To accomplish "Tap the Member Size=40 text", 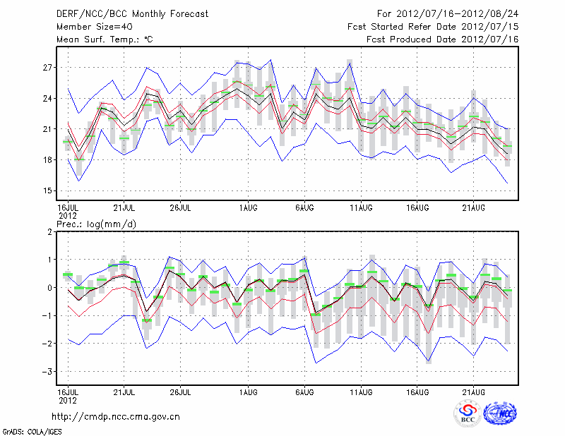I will point(90,27).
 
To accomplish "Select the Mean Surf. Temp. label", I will point(104,40).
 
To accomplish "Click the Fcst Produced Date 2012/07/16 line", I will point(442,40).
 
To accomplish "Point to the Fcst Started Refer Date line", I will point(433,27).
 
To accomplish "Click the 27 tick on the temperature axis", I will point(47,68).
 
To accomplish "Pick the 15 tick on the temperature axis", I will point(47,190).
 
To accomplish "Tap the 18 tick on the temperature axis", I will point(47,160).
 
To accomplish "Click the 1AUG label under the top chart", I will point(247,207).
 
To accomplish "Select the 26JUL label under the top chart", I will point(181,207).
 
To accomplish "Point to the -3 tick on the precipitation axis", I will point(47,371).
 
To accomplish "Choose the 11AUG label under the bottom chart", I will point(362,391).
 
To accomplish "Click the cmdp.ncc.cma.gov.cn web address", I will point(117,417).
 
